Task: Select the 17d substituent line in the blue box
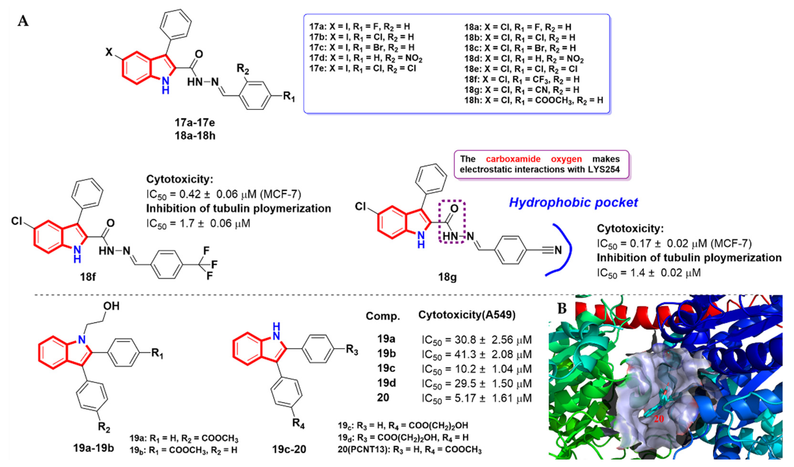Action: click(366, 58)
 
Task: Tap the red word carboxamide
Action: click(513, 159)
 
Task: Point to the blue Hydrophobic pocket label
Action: click(573, 202)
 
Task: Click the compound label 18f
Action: click(88, 277)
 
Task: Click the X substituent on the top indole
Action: click(109, 52)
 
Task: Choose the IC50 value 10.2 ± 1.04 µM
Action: click(477, 369)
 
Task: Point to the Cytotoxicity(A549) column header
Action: click(467, 315)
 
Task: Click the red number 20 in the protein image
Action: click(658, 419)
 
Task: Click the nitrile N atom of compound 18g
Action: click(558, 250)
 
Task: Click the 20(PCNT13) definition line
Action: click(410, 450)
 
